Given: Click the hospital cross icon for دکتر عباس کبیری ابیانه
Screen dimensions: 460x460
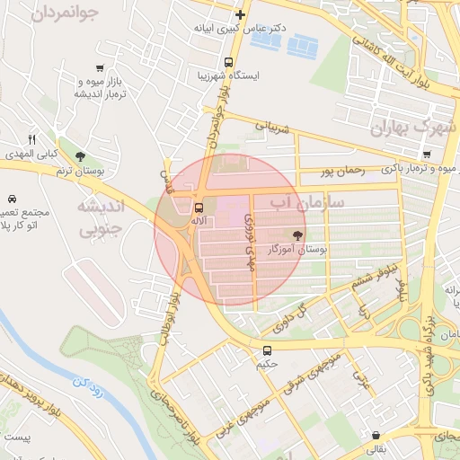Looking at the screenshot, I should (x=240, y=14).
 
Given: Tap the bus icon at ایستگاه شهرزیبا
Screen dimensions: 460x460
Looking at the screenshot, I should (x=229, y=63).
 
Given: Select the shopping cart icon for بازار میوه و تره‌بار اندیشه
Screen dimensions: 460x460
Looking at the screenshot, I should (x=99, y=68).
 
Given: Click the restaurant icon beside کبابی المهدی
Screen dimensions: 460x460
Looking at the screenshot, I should (x=31, y=138).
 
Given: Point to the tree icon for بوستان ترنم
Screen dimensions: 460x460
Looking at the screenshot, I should (x=81, y=155).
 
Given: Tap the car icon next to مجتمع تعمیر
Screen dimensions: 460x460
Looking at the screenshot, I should (x=11, y=198).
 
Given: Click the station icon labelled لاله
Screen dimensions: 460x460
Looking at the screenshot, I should (x=199, y=206).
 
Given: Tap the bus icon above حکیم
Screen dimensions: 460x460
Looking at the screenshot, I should (x=267, y=350).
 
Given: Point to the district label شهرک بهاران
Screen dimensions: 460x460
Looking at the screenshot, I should (x=414, y=128).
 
